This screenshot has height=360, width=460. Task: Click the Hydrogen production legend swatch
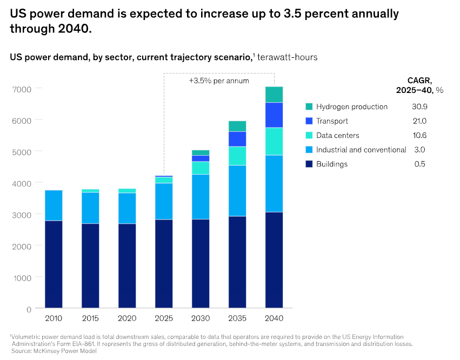point(309,106)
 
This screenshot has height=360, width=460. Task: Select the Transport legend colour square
point(309,121)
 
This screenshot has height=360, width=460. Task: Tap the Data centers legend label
point(337,135)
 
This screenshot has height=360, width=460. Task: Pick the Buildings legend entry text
point(332,164)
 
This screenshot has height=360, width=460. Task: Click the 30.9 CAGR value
point(419,106)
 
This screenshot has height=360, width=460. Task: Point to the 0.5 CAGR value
point(419,164)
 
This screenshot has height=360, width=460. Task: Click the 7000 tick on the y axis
point(22,88)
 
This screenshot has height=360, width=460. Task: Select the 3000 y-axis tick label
point(22,214)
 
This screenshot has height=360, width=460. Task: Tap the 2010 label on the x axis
point(54,318)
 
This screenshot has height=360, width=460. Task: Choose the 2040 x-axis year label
point(274,318)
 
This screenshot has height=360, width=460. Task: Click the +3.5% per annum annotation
point(219,81)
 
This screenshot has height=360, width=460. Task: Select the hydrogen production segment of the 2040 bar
point(274,95)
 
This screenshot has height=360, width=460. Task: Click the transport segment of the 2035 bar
point(237,139)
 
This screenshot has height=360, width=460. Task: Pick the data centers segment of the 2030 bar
point(201,168)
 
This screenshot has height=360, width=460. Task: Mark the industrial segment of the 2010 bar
point(54,205)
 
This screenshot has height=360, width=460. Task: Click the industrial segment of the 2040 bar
point(274,184)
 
